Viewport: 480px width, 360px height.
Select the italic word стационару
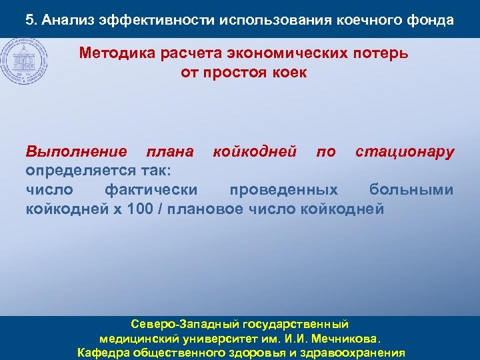point(405,152)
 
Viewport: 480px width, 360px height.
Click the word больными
point(411,191)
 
